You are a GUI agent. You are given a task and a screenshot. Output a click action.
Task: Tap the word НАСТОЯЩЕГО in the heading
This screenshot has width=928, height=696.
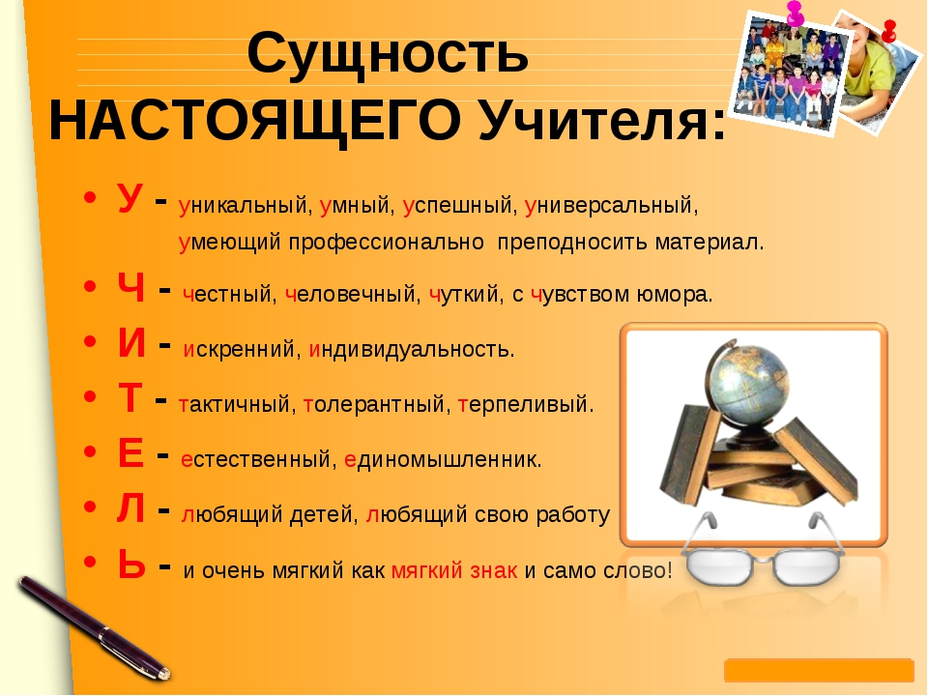click(x=255, y=122)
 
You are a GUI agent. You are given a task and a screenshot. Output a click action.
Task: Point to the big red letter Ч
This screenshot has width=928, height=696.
click(x=130, y=288)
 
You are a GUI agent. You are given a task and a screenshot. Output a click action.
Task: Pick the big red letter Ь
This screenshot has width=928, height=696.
click(x=131, y=564)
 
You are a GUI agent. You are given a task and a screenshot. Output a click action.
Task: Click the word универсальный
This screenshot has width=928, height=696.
click(x=611, y=205)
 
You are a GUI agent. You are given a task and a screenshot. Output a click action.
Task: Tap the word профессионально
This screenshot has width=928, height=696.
click(x=387, y=242)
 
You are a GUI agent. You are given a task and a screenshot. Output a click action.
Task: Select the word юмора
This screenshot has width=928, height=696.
click(x=675, y=294)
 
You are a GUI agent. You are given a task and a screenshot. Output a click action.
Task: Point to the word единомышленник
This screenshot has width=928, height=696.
click(x=443, y=459)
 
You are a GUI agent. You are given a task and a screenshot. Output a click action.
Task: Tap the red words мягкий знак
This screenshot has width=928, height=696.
click(x=454, y=570)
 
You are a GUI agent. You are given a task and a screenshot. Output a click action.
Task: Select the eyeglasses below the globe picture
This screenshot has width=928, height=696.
click(x=764, y=550)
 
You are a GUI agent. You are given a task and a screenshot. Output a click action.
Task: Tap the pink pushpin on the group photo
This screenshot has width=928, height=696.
click(x=795, y=13)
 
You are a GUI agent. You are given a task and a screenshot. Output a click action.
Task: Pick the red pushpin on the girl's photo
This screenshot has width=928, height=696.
click(x=888, y=31)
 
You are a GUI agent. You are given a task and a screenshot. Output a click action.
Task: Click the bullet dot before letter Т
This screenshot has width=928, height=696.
click(x=90, y=396)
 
